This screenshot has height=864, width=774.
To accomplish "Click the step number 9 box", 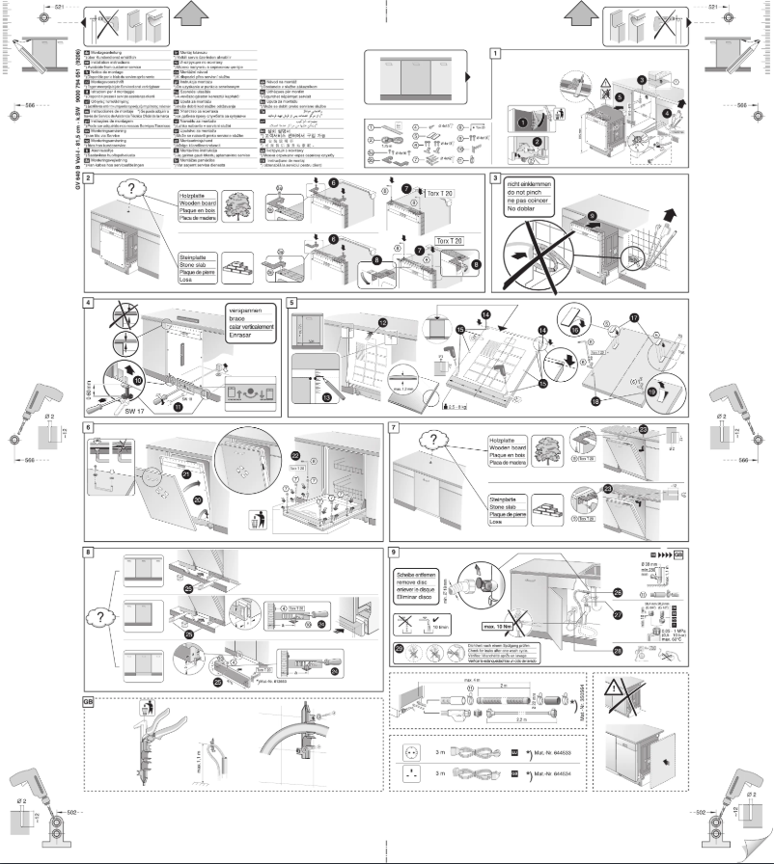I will click(x=394, y=553).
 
